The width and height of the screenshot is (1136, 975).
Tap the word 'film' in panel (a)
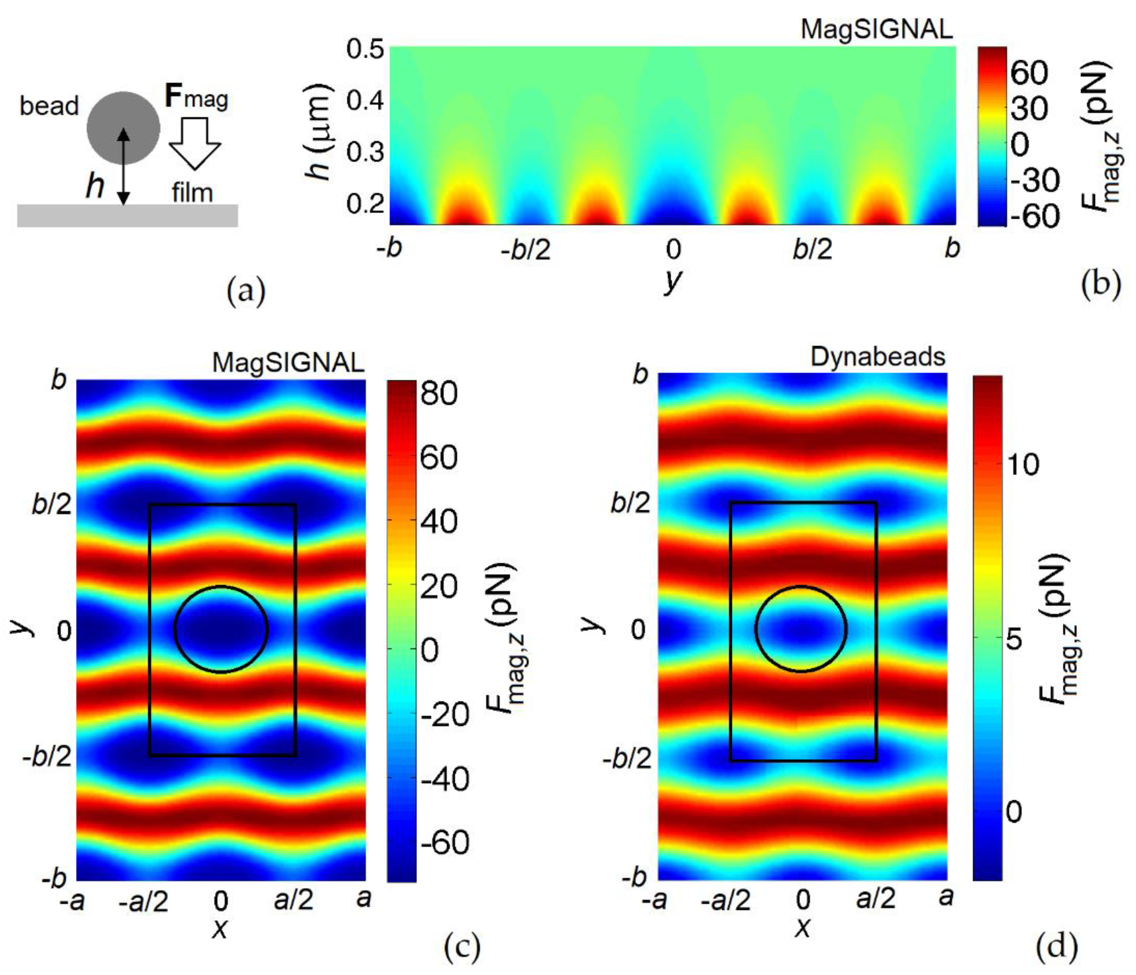(x=191, y=193)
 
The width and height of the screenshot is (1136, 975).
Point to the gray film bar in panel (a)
(x=127, y=215)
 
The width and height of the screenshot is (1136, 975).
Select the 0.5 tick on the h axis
(x=365, y=50)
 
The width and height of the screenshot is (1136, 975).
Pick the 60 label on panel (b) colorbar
(x=1029, y=72)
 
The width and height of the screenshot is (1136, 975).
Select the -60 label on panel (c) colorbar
(x=445, y=842)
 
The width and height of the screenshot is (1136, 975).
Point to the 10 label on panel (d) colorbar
(x=1024, y=464)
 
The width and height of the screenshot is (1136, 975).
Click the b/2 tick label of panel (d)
(x=630, y=502)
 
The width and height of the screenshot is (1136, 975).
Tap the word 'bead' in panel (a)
(x=49, y=106)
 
